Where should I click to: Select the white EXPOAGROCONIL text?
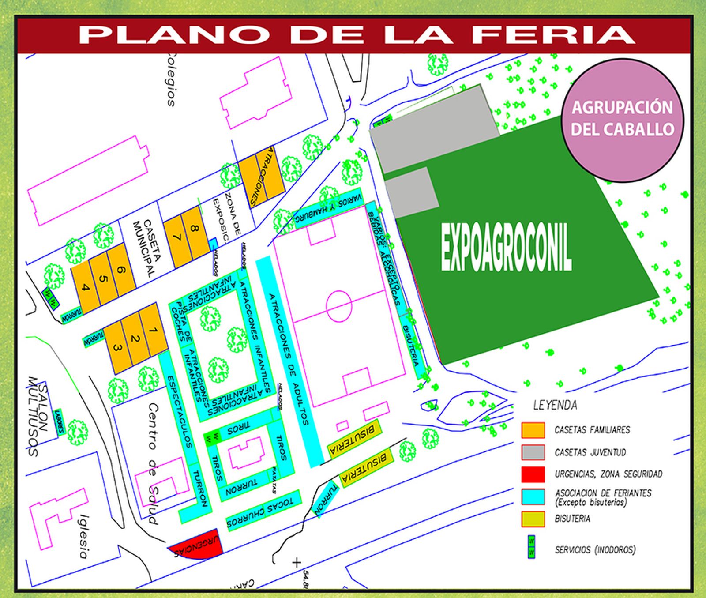tap(506, 248)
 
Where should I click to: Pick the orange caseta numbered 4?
tap(86, 288)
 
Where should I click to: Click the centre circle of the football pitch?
tap(339, 305)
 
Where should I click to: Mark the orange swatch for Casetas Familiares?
tap(533, 430)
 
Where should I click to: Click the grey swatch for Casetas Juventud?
tap(533, 452)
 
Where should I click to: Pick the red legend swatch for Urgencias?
tap(533, 474)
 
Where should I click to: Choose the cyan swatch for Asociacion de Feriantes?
tap(533, 496)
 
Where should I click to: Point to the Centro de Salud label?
tap(153, 463)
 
